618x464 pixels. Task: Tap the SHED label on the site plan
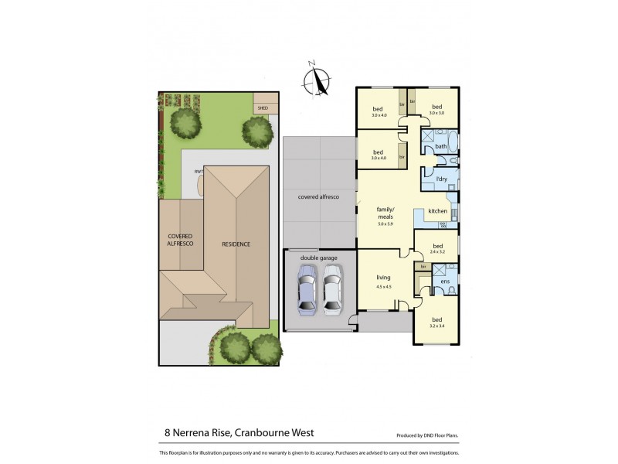coord(263,108)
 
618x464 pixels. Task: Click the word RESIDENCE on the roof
coord(236,244)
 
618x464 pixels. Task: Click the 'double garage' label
coord(319,257)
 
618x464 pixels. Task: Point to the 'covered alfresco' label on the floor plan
coord(319,198)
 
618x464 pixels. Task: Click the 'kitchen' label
coord(438,210)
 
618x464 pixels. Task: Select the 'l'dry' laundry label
coord(442,180)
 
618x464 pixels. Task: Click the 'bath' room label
coord(441,146)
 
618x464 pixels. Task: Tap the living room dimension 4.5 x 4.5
coord(384,287)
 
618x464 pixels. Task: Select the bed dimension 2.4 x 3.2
coord(438,252)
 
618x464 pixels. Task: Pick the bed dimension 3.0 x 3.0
coord(436,114)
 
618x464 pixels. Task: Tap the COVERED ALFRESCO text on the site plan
coord(180,239)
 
